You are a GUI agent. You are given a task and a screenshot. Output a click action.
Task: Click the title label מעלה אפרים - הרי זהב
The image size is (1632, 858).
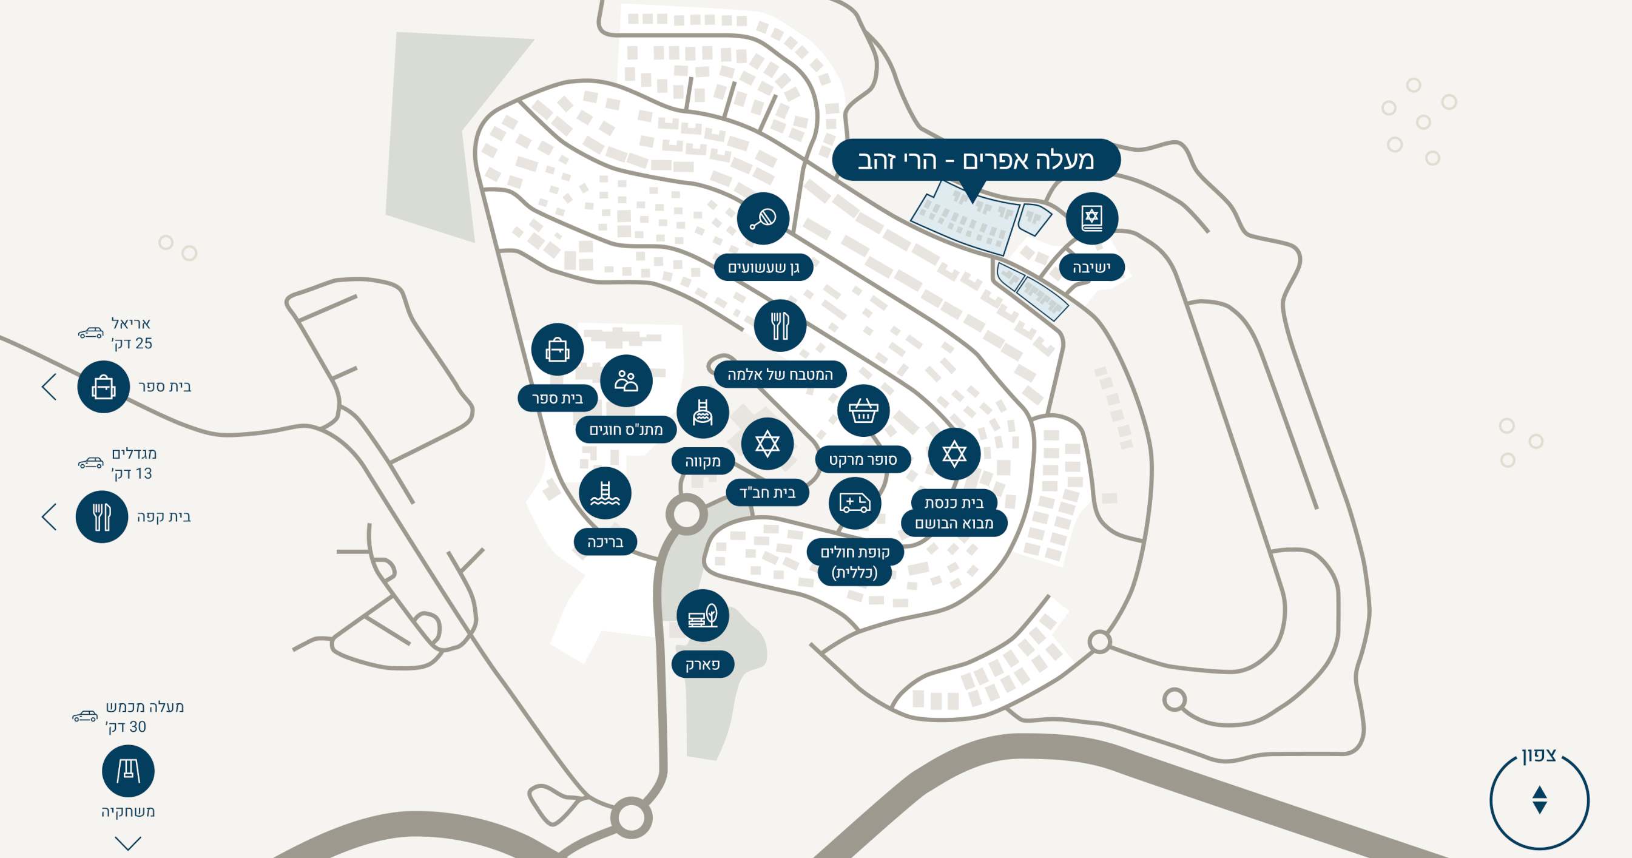(x=976, y=160)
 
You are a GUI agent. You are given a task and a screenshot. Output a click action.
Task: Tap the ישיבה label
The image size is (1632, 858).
(x=1091, y=268)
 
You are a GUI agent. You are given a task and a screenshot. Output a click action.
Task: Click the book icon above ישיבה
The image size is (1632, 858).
(x=1091, y=218)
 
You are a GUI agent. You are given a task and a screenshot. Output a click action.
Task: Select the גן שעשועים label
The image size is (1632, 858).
(x=763, y=268)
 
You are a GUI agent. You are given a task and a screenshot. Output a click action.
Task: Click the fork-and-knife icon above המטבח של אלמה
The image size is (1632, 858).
(x=780, y=325)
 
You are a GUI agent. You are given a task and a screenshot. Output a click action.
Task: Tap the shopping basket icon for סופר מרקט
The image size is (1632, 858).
(x=863, y=411)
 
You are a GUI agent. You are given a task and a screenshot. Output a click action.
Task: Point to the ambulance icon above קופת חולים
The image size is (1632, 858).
(x=855, y=503)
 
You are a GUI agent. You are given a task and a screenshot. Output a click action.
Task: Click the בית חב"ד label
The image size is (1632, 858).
(x=767, y=492)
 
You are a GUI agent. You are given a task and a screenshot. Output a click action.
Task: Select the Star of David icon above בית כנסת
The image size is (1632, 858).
(x=954, y=454)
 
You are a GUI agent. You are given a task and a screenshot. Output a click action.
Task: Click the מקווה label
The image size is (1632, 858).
(x=703, y=461)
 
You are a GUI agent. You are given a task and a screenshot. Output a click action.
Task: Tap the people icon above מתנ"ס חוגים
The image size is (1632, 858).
(x=626, y=380)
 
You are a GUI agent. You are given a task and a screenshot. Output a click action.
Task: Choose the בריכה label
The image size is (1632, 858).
(x=605, y=542)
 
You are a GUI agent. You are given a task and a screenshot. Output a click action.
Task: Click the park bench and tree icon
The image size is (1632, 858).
(x=703, y=615)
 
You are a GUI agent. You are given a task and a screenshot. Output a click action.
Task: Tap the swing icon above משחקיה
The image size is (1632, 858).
(x=128, y=771)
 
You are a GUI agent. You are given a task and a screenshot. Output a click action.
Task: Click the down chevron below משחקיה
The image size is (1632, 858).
(x=128, y=843)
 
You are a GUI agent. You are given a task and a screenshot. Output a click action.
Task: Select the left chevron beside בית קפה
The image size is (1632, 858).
(x=49, y=516)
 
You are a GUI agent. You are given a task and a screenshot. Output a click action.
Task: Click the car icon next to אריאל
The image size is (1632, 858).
(x=90, y=333)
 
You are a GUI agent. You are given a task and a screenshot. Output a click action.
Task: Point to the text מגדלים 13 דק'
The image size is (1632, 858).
(x=133, y=463)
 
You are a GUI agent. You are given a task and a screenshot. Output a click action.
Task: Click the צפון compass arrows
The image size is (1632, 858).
(x=1540, y=800)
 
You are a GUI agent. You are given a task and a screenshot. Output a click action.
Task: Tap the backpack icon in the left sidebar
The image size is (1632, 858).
(x=103, y=387)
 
